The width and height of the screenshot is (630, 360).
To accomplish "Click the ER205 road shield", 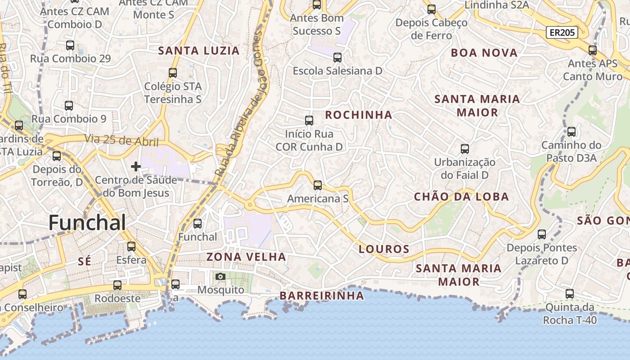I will click(x=562, y=32).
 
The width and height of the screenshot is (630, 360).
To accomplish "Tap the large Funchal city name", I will click(x=87, y=223).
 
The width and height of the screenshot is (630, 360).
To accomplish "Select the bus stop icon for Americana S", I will click(x=318, y=185).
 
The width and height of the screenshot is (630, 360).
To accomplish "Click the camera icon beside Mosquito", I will click(x=220, y=276).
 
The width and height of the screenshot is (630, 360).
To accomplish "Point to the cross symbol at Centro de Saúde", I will click(x=135, y=166).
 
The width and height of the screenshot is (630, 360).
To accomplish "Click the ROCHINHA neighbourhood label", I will click(x=359, y=115).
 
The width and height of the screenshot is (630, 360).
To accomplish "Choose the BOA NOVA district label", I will click(x=484, y=53).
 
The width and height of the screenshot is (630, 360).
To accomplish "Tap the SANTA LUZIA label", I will click(x=198, y=51).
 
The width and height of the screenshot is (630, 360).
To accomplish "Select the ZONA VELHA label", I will click(x=246, y=257).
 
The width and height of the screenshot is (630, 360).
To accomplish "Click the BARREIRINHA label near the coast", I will click(x=322, y=296).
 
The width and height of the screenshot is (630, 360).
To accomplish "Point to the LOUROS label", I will click(x=384, y=249).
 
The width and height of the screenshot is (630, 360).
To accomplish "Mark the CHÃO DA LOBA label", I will click(x=461, y=197).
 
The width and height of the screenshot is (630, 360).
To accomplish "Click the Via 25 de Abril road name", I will click(x=121, y=140).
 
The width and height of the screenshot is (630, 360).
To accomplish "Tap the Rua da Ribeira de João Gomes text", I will click(x=238, y=101).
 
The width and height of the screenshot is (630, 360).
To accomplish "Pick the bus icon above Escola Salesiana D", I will click(x=337, y=58).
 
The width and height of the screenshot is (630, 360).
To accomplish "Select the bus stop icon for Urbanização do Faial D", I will click(x=465, y=149).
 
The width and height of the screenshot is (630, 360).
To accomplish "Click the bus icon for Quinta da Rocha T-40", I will click(x=570, y=294).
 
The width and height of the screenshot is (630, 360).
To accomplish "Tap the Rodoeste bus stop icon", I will click(x=117, y=285).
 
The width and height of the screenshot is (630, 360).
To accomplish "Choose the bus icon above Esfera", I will click(x=131, y=247).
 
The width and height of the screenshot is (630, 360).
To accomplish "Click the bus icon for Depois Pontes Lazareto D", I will click(x=542, y=234).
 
